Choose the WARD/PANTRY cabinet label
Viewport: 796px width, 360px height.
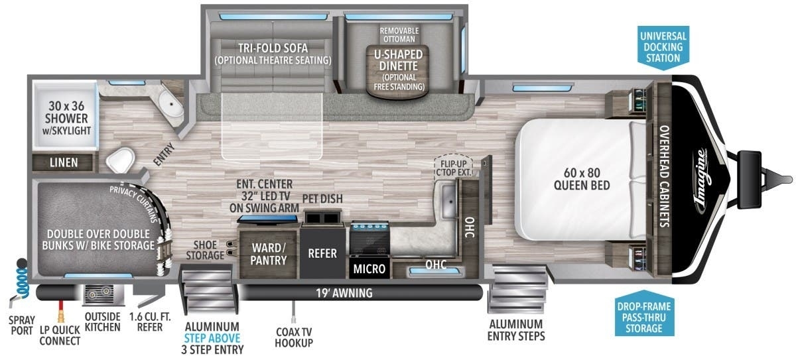coord(269,254)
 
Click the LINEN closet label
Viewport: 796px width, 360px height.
coord(64,162)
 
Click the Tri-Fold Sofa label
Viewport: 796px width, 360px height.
coord(272,54)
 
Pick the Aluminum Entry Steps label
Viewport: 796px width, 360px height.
coord(515,330)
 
